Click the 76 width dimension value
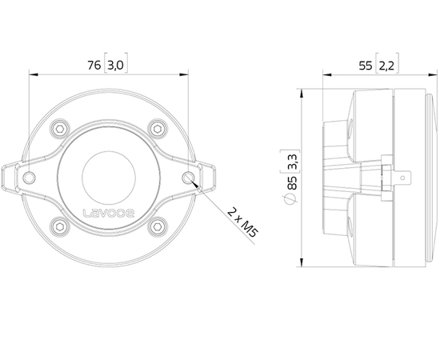pos(94,66)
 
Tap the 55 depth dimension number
pos(366,66)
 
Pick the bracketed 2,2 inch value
pos(386,66)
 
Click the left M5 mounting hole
pos(30,177)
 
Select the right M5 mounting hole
pos(187,177)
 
